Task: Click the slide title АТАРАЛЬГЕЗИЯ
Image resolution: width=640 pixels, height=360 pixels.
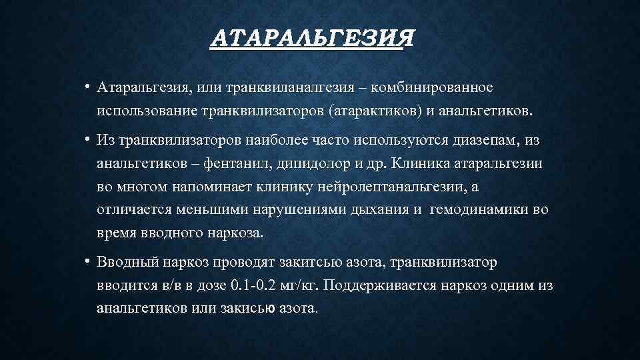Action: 311,38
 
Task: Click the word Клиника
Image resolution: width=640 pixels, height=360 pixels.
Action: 425,162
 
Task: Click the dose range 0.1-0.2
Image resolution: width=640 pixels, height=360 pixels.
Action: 257,285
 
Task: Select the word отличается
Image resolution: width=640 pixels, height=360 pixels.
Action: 134,209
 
